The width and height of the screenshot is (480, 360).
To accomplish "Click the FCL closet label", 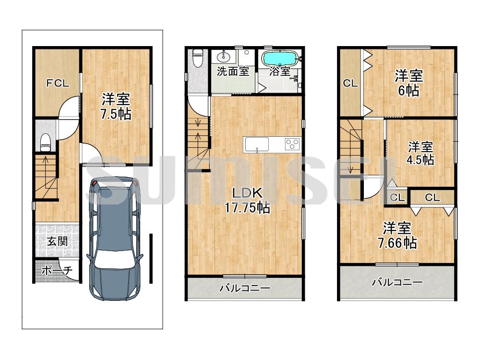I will (x=58, y=83).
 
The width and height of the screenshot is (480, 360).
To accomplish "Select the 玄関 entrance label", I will (x=57, y=241).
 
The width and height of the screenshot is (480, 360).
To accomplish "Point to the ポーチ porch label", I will (x=57, y=271).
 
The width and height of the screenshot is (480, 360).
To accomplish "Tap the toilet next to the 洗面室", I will (x=197, y=60).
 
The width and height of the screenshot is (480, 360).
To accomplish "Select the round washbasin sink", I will (x=223, y=57).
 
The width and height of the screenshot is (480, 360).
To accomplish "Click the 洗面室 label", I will (x=233, y=72).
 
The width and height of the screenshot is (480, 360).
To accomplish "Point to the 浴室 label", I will (x=279, y=72).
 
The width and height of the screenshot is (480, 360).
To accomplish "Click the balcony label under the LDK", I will (x=245, y=288).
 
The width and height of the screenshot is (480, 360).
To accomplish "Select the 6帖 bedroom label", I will (x=408, y=83).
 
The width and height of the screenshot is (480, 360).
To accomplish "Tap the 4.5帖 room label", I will (x=421, y=153).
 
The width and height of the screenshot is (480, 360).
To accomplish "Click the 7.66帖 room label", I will (x=396, y=235).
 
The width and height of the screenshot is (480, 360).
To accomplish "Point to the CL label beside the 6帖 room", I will (x=350, y=83).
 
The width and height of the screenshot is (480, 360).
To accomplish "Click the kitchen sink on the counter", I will (x=258, y=144).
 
